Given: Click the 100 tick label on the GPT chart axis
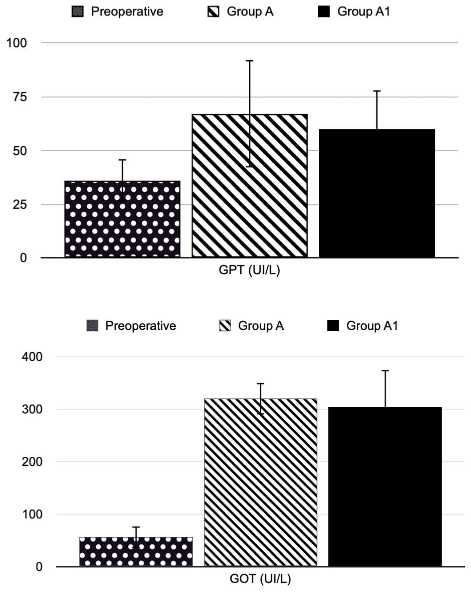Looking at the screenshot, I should [x=16, y=43].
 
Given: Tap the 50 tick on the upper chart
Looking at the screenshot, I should [x=20, y=151].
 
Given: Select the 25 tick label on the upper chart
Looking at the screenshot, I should [x=20, y=205].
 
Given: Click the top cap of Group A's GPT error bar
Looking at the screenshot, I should [x=250, y=61].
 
